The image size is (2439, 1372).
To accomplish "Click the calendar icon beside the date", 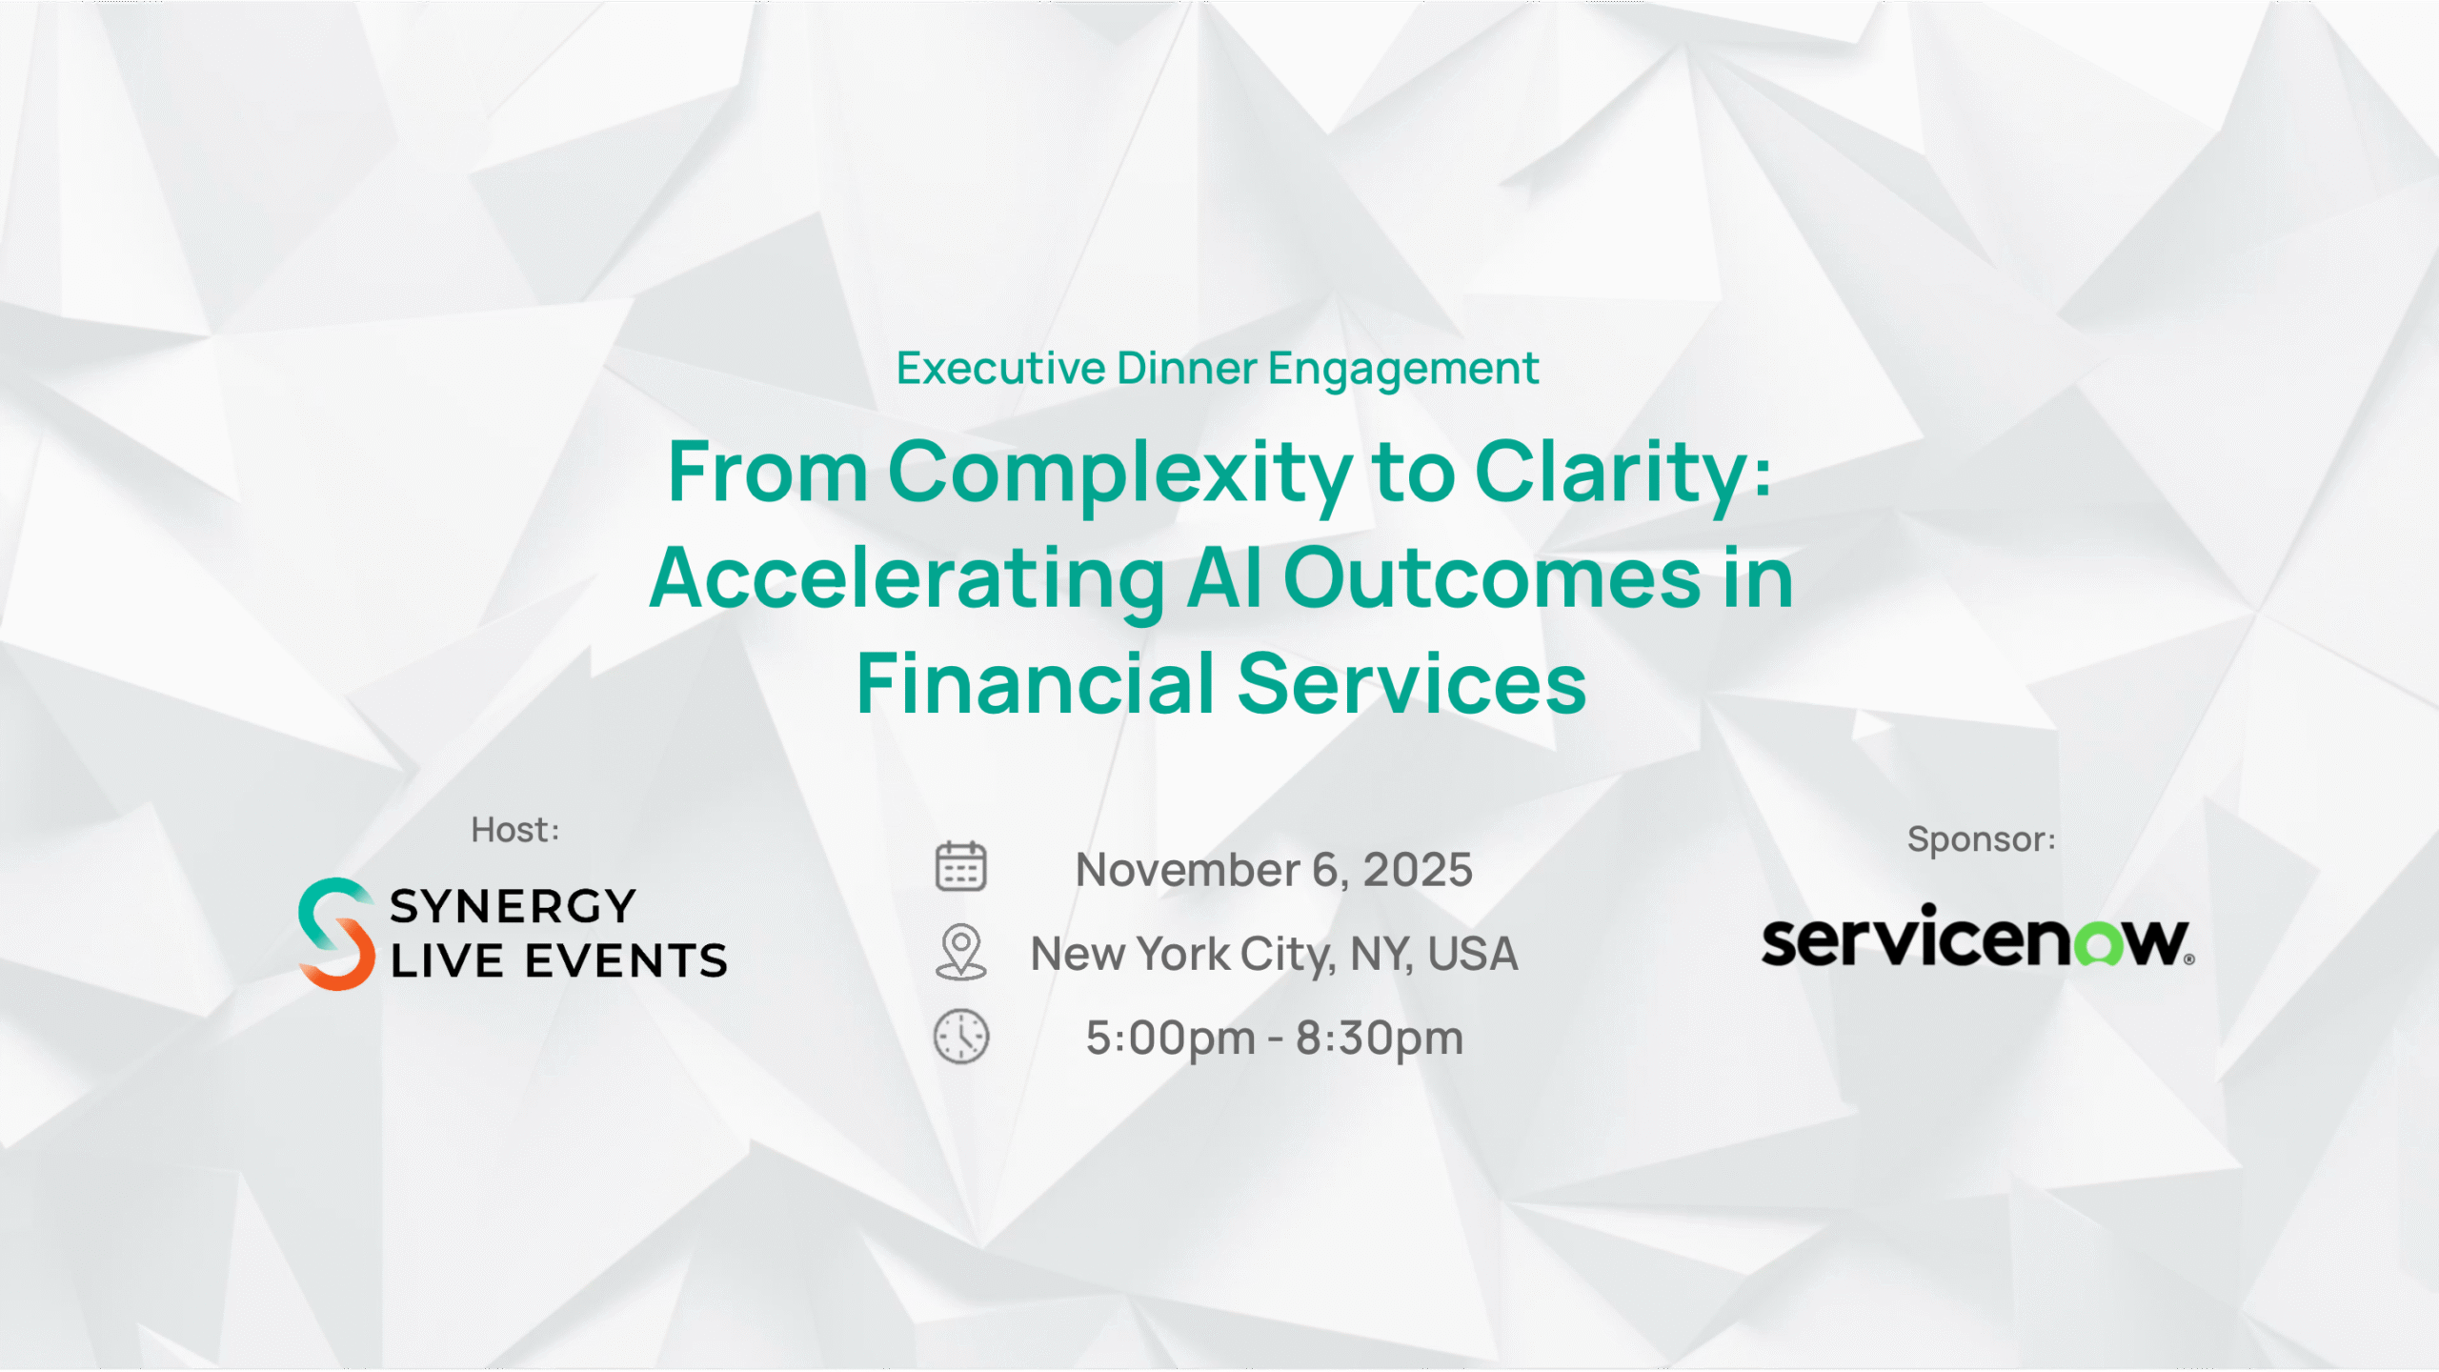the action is point(960,866).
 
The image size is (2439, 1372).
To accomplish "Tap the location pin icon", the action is point(960,952).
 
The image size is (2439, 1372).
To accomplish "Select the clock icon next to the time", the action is point(961,1037).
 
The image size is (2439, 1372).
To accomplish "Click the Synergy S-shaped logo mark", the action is point(335,934).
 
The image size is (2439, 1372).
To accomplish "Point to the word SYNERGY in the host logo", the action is point(513,906).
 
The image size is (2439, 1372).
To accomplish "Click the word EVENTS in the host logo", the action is point(626,960).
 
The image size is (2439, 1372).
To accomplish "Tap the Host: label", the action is point(515,830).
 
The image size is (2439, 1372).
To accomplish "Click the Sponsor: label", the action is point(1982,839).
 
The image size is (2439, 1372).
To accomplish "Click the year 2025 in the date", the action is point(1418,870).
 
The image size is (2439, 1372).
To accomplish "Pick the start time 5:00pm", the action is point(1171,1038).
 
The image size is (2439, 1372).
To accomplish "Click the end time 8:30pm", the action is point(1380,1038).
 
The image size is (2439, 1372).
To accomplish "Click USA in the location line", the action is point(1472,954).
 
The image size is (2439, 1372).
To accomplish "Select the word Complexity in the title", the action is point(1119,473).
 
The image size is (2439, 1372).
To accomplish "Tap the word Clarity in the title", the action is point(1611,473).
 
